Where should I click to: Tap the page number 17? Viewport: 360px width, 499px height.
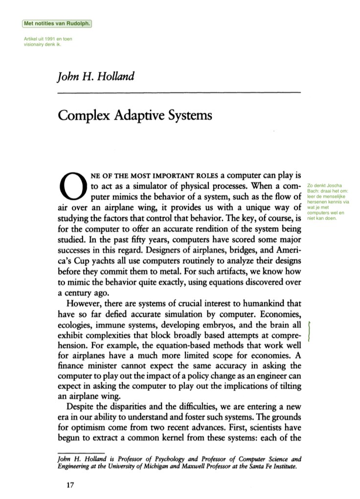(63, 485)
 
